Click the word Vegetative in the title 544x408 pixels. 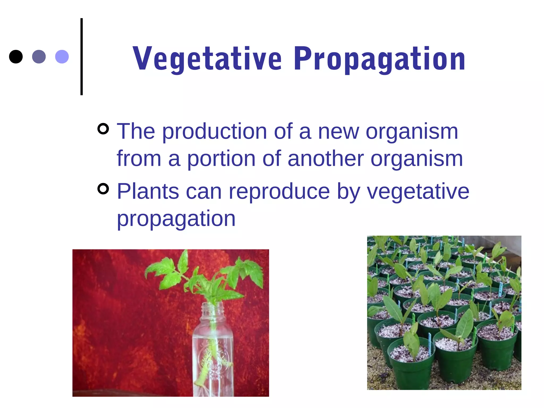[207, 59]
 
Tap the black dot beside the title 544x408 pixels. [16, 57]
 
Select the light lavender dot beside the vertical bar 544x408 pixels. [62, 57]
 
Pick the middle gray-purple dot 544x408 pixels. [39, 57]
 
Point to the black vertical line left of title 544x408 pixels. [82, 57]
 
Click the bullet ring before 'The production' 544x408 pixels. [103, 129]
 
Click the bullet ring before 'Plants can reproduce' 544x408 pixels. [103, 189]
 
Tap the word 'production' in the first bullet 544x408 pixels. [215, 132]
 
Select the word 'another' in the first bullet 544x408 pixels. [326, 159]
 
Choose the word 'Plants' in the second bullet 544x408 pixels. [148, 191]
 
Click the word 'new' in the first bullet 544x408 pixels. [338, 132]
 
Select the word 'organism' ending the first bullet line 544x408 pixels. [412, 132]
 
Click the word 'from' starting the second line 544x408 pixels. [139, 159]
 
